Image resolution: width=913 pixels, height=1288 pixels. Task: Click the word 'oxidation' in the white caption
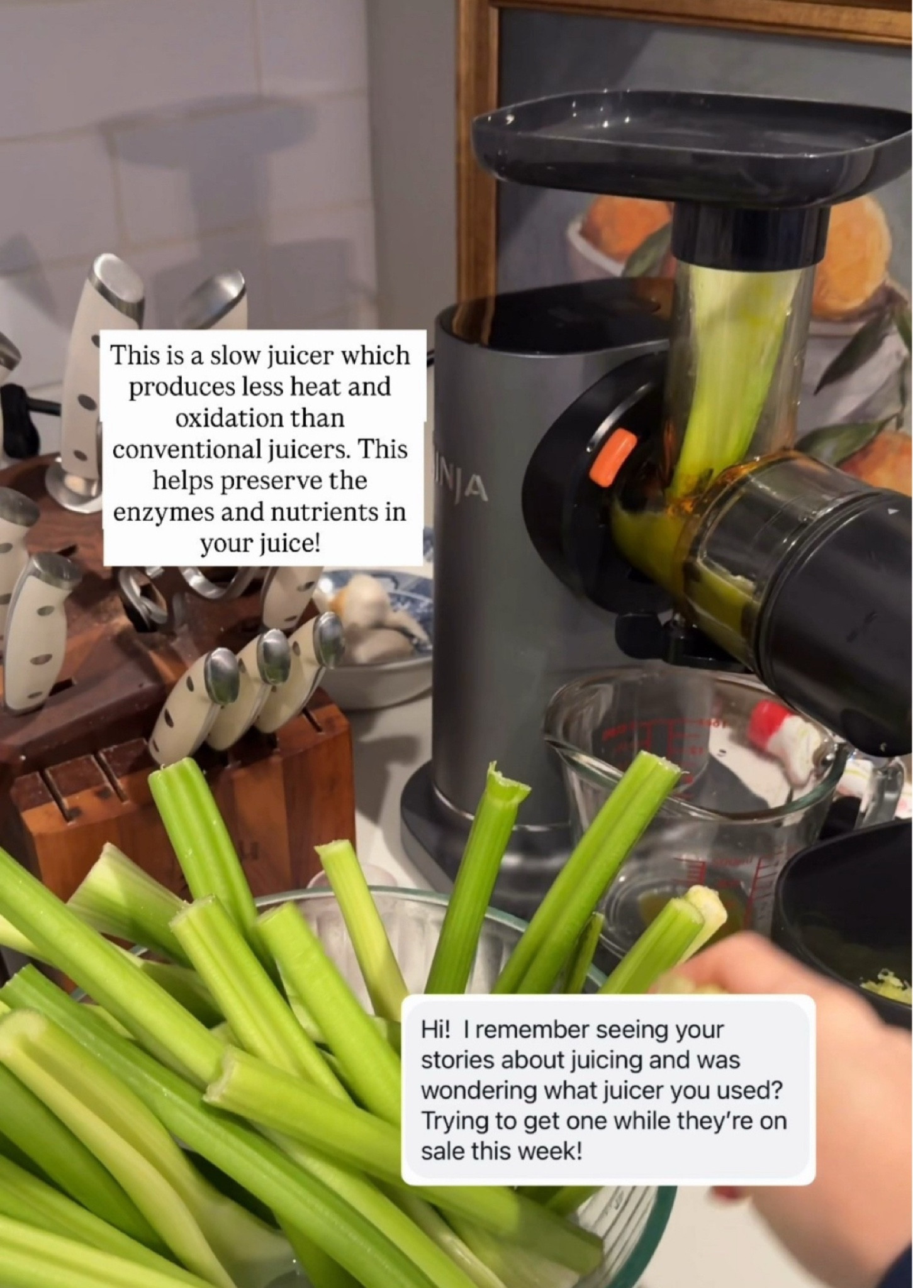[x=259, y=418]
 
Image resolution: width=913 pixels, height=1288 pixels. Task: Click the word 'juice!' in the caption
[x=260, y=543]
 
